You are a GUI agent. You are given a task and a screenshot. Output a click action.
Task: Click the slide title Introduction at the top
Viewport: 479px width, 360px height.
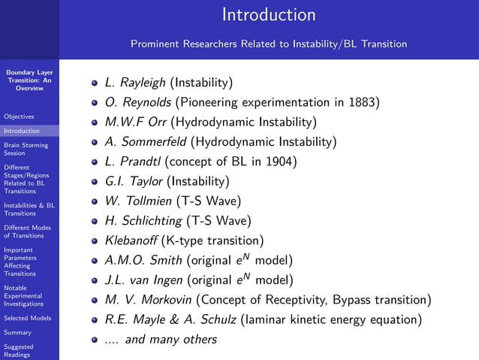(269, 15)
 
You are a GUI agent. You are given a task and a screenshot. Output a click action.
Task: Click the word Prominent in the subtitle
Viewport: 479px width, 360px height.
(155, 44)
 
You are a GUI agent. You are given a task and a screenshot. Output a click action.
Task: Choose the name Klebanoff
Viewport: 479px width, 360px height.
(131, 241)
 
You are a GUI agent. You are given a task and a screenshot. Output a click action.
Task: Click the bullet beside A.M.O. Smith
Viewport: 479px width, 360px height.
(95, 261)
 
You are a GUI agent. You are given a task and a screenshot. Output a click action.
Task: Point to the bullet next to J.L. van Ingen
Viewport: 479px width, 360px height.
(95, 280)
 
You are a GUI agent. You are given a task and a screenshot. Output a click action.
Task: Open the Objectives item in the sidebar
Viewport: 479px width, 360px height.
(18, 116)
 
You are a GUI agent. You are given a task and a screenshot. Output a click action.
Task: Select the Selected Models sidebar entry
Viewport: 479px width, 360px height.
(27, 318)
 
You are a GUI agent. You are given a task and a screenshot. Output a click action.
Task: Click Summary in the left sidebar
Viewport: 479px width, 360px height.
(17, 332)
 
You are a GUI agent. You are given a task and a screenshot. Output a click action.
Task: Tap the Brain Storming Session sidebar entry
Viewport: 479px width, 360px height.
(26, 149)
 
